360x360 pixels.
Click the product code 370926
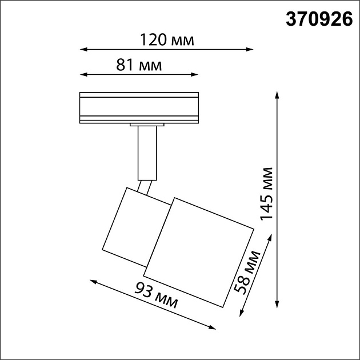point(319,21)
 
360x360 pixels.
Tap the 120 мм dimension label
point(167,40)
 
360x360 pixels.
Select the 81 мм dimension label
point(139,65)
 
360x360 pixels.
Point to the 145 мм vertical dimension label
point(266,194)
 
